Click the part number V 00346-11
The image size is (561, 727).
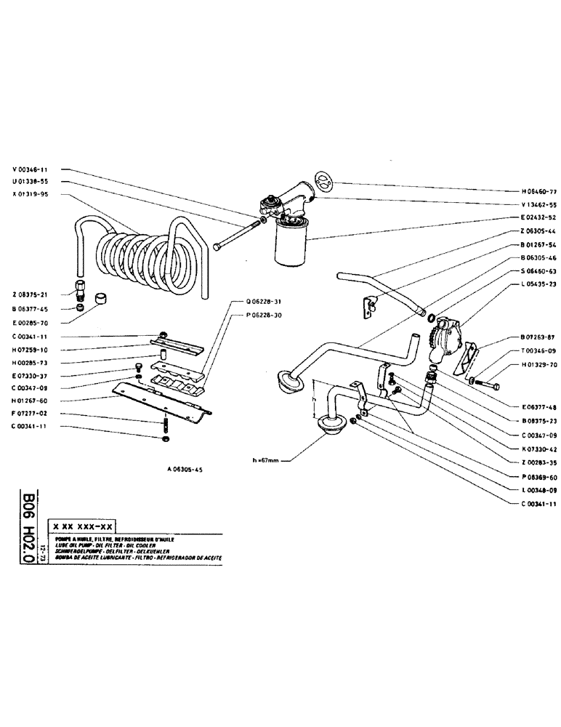point(31,169)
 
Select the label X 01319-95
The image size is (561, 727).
point(31,195)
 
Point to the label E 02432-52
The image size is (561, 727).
point(538,217)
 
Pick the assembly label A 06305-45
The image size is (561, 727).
point(184,470)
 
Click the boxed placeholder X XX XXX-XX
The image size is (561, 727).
point(81,526)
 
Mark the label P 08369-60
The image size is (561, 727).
point(538,478)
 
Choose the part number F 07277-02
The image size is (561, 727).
point(31,412)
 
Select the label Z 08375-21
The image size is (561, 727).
point(31,294)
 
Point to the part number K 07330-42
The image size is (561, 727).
point(538,449)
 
